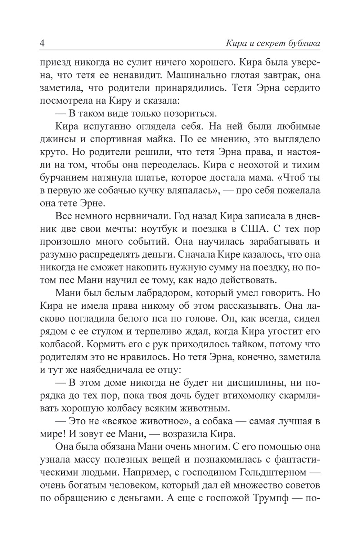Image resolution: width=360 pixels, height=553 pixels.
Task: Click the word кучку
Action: coord(167,190)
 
